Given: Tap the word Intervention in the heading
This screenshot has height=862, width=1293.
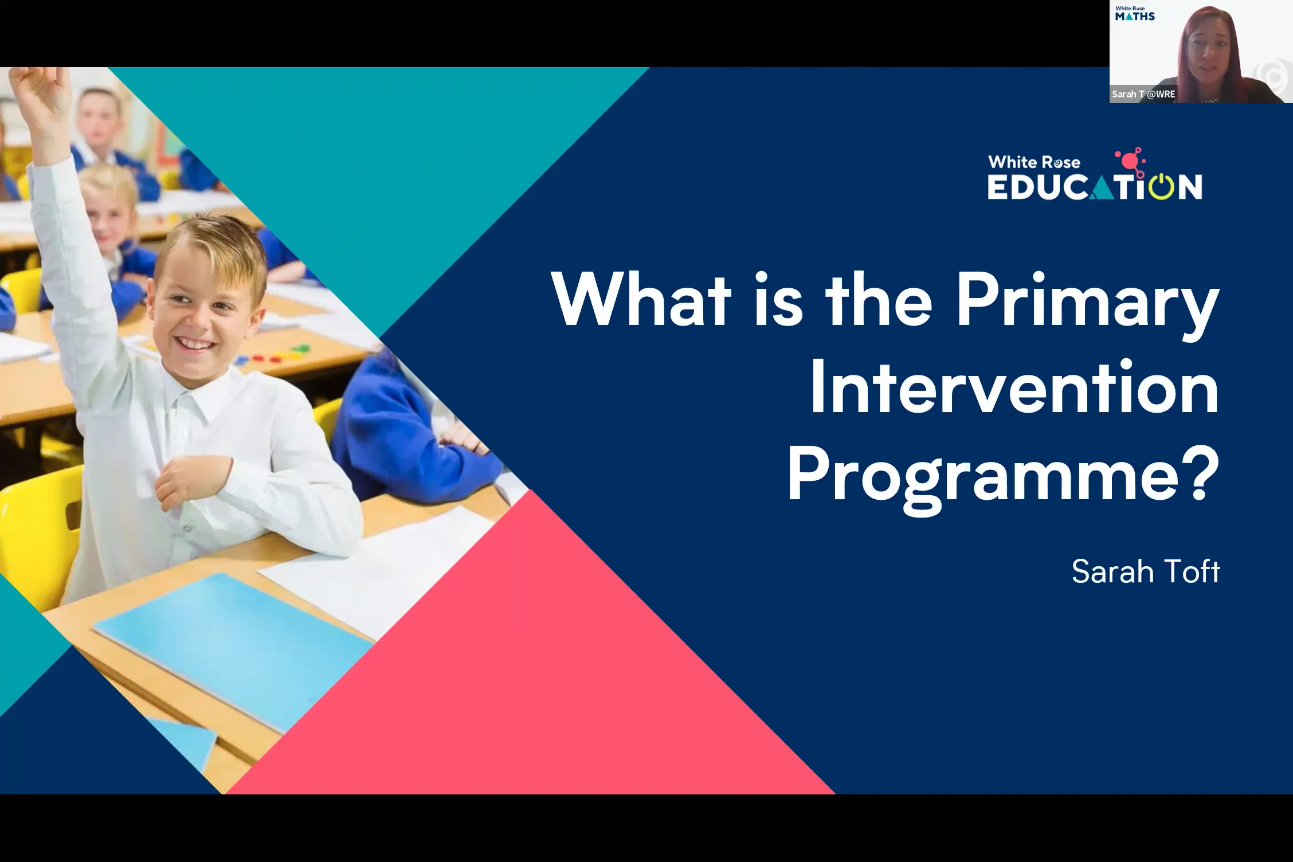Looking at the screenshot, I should tap(1013, 388).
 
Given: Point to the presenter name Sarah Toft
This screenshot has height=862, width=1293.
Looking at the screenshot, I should tap(1145, 571).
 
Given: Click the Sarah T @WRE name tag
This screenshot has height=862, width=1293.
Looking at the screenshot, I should tap(1143, 95).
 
